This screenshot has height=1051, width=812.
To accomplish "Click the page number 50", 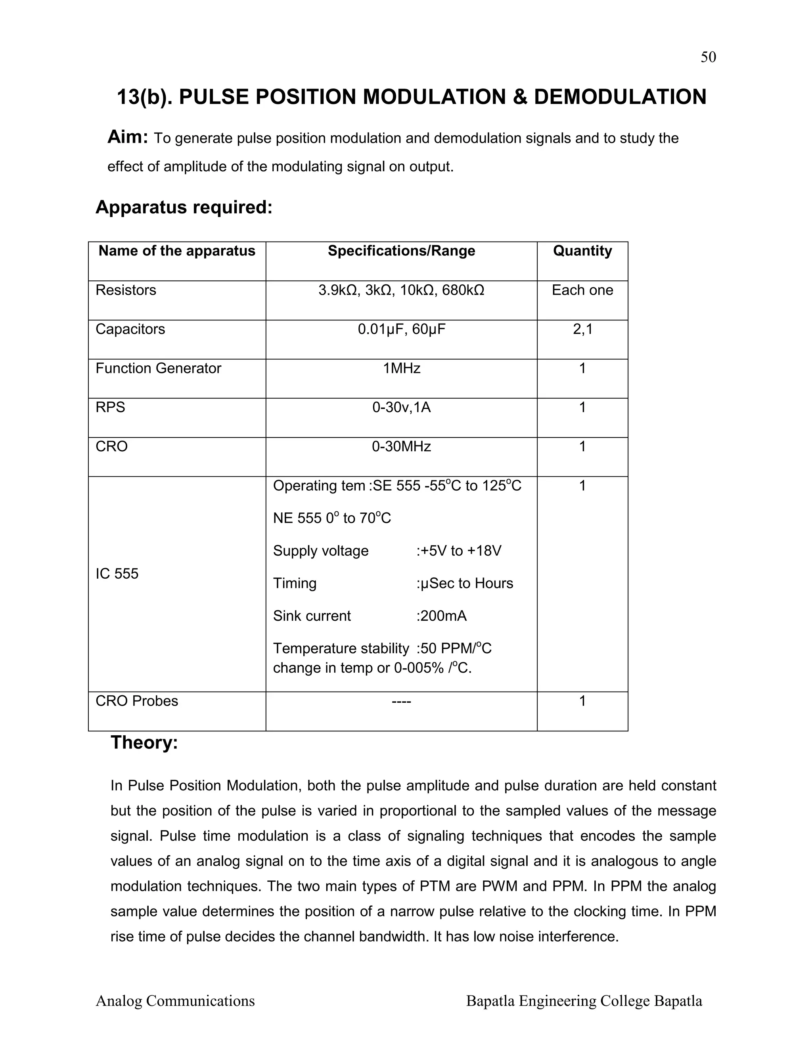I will coord(708,57).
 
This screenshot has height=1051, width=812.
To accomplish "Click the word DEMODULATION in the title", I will coord(620,97).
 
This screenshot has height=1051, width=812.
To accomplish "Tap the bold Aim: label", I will coord(128,137).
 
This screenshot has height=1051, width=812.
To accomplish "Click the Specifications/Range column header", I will coord(401,251).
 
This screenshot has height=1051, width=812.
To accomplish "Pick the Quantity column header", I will coord(582,251).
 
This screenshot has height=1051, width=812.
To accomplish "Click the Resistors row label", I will coord(126,290).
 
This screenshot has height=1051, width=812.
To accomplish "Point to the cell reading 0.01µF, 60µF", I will coord(401,330).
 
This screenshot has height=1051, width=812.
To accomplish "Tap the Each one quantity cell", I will coord(582,290).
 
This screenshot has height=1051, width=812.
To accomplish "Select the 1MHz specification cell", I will coord(401,368).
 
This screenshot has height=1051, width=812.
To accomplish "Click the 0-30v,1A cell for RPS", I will coord(401,408).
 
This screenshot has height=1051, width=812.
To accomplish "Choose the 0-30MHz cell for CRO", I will coord(401,447).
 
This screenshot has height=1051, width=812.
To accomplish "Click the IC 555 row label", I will coord(117,573).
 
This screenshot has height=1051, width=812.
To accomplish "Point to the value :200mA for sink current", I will coord(441,616).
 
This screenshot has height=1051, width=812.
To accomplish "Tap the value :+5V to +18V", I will coord(458,550).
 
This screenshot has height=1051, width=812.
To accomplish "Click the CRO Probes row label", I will coord(137,701).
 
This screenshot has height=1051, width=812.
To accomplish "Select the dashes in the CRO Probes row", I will coord(401,702).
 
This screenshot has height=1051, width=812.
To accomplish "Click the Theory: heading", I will coord(144,742).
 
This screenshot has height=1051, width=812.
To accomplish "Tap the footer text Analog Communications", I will coord(175,1001).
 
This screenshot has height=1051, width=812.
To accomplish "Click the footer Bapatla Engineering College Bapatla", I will coord(584,1001).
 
